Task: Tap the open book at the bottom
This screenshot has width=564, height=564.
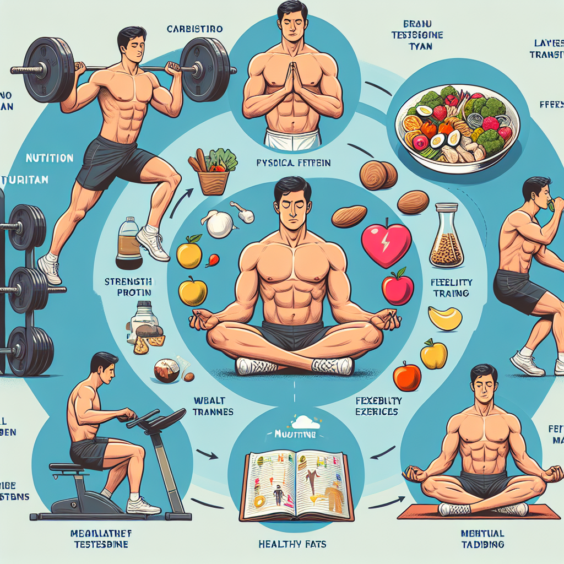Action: click(x=296, y=485)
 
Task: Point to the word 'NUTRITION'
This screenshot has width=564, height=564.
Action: click(x=49, y=158)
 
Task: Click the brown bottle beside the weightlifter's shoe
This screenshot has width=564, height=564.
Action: click(x=128, y=243)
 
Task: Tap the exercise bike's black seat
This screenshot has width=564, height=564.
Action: click(x=69, y=468)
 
